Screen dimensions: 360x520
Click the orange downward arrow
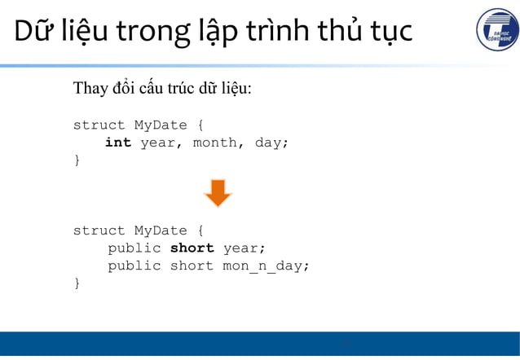(x=218, y=193)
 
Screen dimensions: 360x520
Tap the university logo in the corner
(x=496, y=31)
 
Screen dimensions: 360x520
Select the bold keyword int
(x=118, y=143)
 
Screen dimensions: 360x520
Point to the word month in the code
(x=214, y=143)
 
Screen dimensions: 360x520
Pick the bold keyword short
(x=192, y=248)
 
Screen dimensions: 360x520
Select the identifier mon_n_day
(x=266, y=266)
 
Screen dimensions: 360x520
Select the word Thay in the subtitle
(x=90, y=88)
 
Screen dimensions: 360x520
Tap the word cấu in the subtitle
(x=151, y=88)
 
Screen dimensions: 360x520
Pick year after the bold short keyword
(x=245, y=248)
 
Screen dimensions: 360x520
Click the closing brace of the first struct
(x=77, y=160)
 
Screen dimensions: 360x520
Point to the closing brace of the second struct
(x=77, y=283)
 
